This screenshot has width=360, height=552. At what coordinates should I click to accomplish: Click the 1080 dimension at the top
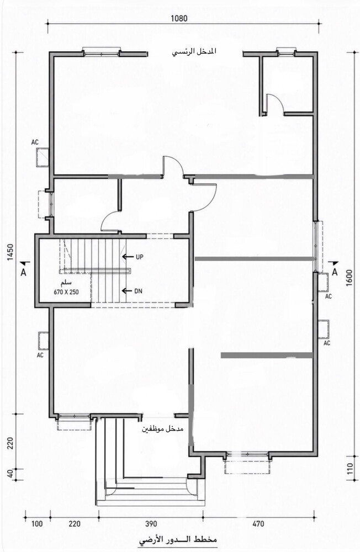(x=179, y=18)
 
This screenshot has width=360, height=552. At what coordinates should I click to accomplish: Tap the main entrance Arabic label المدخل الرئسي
(x=194, y=51)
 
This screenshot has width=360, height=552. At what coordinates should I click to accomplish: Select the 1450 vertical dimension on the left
(x=10, y=252)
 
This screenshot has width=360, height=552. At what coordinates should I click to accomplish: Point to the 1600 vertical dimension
(x=349, y=278)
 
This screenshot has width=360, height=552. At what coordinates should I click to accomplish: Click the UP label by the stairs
(x=140, y=257)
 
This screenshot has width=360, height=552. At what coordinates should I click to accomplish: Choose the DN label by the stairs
(x=138, y=291)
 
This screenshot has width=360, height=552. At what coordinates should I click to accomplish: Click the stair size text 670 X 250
(x=66, y=292)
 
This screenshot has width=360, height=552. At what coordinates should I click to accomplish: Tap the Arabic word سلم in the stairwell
(x=66, y=283)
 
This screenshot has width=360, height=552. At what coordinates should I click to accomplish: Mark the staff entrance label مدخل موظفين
(x=163, y=429)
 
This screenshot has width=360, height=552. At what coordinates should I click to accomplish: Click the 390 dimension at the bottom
(x=151, y=524)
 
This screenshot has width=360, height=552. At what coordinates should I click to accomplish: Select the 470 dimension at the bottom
(x=258, y=524)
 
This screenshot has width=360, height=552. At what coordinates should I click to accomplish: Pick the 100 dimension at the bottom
(x=37, y=524)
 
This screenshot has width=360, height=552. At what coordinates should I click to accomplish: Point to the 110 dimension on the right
(x=349, y=470)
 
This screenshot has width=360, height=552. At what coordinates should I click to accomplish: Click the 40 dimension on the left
(x=10, y=474)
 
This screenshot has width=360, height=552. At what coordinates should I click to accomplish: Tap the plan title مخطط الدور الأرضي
(x=178, y=540)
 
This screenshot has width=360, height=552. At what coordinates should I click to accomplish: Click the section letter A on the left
(x=24, y=272)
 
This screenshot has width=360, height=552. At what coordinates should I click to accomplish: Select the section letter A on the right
(x=335, y=272)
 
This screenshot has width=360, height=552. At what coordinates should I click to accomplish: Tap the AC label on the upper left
(x=35, y=142)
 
